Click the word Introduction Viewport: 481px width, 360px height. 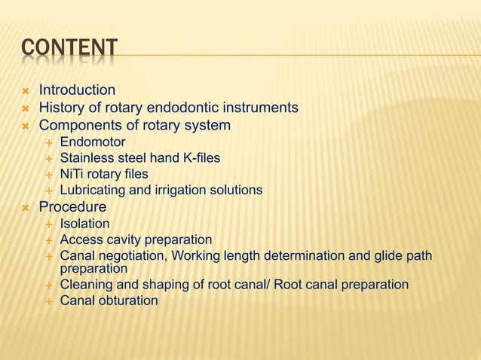tap(77, 90)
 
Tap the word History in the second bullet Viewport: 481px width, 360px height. tap(61, 108)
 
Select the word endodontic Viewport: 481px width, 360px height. tap(191, 108)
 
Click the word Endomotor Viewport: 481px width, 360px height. tap(93, 142)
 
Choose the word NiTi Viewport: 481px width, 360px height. tap(72, 174)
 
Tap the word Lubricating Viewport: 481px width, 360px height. tap(94, 191)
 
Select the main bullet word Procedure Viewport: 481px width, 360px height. tap(72, 207)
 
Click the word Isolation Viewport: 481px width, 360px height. tap(84, 224)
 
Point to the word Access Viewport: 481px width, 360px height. tap(80, 240)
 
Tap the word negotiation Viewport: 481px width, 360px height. tap(130, 257)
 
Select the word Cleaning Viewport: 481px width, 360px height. tap(87, 285)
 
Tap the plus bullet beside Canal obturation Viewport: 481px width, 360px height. tap(49, 301)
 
